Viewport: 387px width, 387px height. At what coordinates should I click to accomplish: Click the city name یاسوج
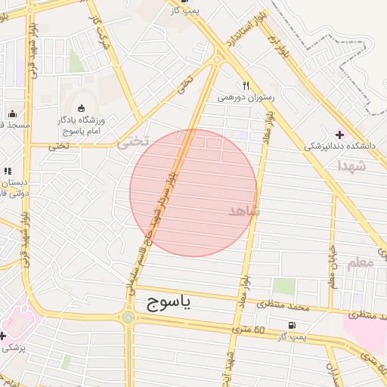point(167,304)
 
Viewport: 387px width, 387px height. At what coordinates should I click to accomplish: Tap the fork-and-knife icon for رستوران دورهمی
point(246,86)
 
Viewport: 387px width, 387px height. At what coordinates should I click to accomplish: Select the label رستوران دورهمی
point(246,98)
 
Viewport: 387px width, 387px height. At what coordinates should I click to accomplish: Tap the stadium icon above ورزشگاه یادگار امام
point(82,108)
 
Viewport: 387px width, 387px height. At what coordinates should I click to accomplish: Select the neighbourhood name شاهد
point(243,211)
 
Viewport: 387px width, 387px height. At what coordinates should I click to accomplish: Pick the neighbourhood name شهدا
point(352,165)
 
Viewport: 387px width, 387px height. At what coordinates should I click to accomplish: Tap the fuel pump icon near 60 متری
point(291,326)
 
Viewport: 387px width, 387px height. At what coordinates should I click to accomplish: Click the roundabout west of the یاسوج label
point(128,317)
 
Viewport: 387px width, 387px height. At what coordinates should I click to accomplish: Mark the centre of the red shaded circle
point(193,193)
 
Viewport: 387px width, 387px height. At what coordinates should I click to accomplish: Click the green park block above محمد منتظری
point(284,286)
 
